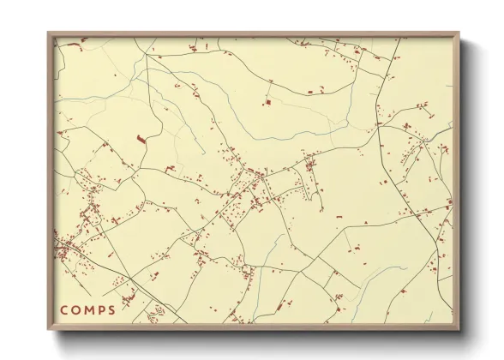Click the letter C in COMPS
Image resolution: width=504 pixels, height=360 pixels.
64,309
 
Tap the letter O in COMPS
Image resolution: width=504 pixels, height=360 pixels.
76,309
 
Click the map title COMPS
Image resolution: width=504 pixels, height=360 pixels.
87,309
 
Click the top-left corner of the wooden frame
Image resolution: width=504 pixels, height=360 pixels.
48,33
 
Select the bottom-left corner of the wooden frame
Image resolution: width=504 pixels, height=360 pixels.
48,330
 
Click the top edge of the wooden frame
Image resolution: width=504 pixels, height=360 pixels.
253,34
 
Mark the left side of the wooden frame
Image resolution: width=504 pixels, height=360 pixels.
50,182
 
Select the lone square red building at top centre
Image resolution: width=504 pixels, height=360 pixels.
267,103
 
